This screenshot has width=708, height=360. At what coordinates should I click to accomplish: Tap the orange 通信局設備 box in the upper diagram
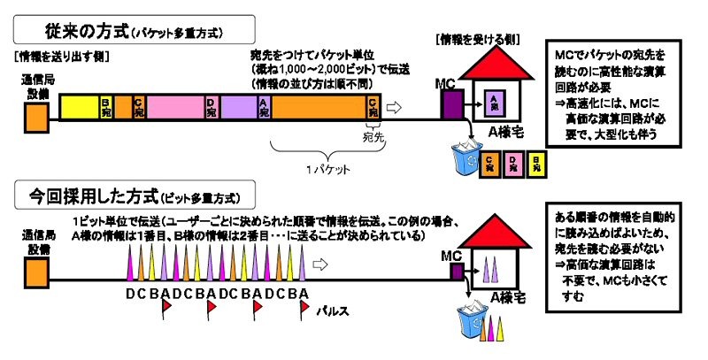35,116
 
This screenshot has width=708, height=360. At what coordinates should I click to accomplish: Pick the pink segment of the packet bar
174,107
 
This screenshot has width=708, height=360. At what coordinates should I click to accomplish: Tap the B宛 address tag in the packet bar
105,107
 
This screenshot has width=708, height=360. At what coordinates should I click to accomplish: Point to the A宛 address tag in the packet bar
264,107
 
